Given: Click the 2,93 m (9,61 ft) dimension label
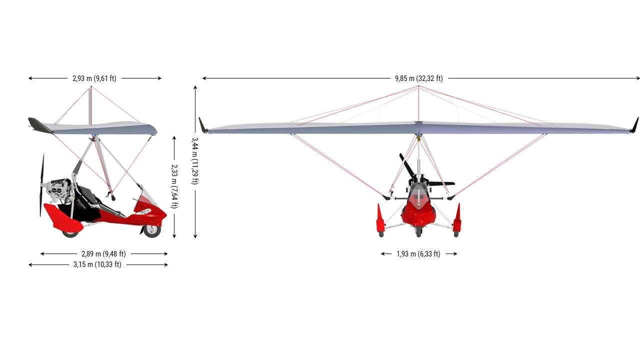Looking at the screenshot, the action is point(94,78).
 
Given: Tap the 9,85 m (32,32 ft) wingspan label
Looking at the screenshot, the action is point(419,78).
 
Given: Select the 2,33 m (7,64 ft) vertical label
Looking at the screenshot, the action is point(174,186).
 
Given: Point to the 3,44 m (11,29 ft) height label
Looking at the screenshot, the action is point(195,161).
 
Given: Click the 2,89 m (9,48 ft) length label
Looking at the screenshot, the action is point(103,253).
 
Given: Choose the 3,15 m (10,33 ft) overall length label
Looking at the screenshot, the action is point(97,264).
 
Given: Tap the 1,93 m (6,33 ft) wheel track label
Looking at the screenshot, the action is point(418,253).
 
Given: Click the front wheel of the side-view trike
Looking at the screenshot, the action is point(151,231).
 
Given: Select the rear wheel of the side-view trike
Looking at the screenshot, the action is point(70,233).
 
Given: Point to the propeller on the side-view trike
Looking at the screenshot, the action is point(42,185).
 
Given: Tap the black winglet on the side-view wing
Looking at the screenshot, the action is point(40,125).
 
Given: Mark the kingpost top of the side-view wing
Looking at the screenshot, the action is point(91,86).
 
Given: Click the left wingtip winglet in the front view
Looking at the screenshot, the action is point(203,125).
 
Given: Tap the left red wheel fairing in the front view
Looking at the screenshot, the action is point(380,218).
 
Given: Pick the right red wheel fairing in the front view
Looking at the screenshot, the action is point(457,218).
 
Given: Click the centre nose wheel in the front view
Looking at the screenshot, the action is point(419,231).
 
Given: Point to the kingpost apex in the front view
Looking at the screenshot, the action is point(418,86).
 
